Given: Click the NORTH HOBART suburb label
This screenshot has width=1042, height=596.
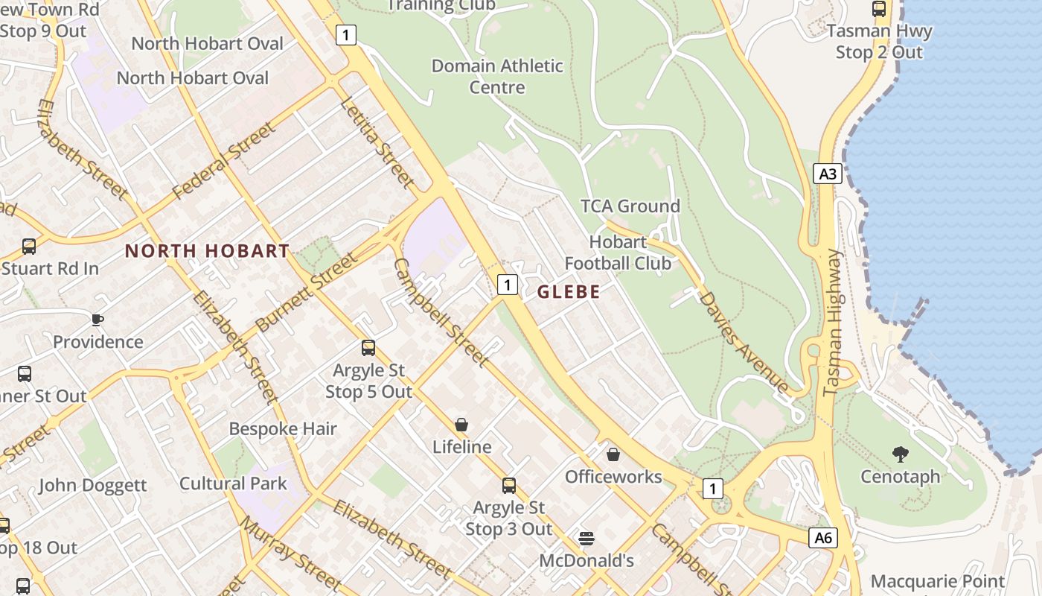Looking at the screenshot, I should tap(207, 251).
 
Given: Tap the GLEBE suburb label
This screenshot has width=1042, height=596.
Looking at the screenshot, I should tap(569, 292).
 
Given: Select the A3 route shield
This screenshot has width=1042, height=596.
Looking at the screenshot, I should tap(827, 174).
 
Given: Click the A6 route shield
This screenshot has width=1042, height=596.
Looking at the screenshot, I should tap(822, 538).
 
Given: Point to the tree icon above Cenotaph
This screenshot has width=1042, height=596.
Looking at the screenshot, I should tap(900, 454).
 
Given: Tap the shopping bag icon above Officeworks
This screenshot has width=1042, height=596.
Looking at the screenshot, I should tap(613, 454).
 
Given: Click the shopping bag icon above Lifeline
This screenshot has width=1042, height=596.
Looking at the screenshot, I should tap(461, 425).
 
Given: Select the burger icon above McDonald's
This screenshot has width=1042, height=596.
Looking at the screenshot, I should tap(586, 538).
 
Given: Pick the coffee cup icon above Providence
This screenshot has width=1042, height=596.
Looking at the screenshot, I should tap(98, 320).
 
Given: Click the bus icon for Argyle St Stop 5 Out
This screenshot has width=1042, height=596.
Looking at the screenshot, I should tap(368, 348).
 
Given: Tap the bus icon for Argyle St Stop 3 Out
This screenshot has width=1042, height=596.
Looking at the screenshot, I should tap(509, 486).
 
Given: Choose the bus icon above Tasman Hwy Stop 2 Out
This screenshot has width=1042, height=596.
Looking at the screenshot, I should tap(879, 9).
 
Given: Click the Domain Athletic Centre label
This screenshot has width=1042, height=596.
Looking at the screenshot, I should tap(497, 76).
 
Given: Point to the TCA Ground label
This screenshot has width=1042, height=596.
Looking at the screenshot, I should tap(630, 206).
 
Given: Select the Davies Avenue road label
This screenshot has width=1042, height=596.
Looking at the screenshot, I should tap(743, 342).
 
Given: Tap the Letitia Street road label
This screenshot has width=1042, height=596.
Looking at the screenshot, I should tap(376, 141).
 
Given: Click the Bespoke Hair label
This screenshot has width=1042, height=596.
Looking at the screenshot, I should tap(283, 429).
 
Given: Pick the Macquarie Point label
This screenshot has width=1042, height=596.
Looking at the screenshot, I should tap(937, 581).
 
